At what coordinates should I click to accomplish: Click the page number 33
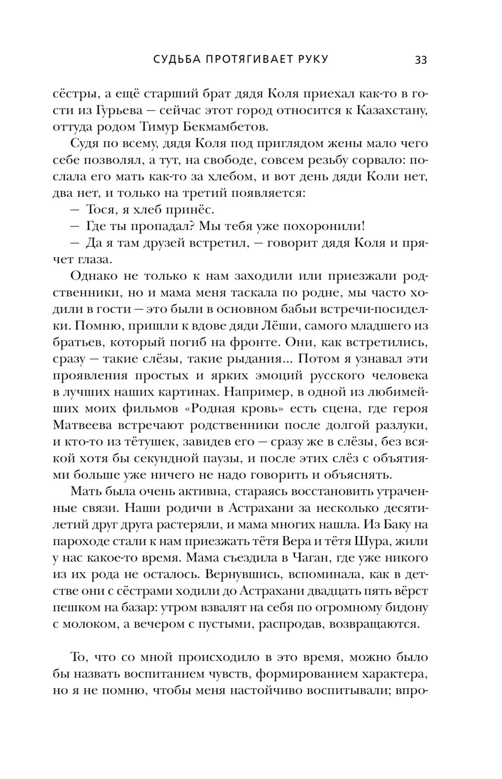421,59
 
